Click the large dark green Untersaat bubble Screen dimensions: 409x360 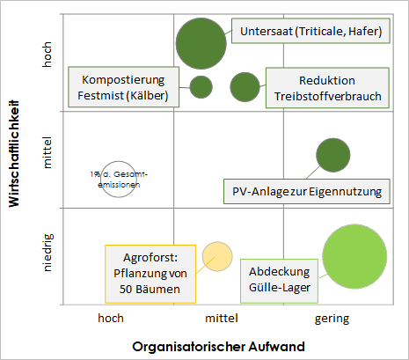click(201, 43)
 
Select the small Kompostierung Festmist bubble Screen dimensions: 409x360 click(201, 87)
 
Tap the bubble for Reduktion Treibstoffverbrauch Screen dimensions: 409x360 click(245, 87)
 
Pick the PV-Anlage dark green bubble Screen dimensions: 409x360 click(333, 155)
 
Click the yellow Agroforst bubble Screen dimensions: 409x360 click(217, 256)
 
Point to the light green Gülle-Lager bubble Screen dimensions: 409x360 click(354, 256)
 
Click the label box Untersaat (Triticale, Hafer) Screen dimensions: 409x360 click(310, 31)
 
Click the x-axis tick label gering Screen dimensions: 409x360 click(332, 319)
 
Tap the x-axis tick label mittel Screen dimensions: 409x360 click(222, 319)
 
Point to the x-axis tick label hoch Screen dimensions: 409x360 click(111, 319)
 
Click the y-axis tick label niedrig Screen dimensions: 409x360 click(47, 253)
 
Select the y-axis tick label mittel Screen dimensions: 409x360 click(47, 152)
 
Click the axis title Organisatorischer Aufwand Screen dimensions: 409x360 click(218, 347)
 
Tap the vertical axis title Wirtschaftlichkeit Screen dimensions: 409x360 click(14, 154)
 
